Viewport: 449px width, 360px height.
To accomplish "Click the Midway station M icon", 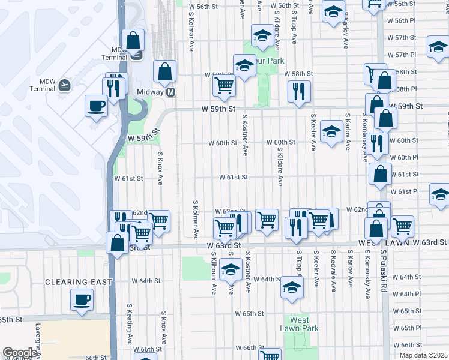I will [x=171, y=92].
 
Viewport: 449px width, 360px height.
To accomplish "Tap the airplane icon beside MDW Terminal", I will [x=64, y=85].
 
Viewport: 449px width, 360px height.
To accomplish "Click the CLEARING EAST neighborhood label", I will [x=79, y=281].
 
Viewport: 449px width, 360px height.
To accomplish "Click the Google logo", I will [x=20, y=353].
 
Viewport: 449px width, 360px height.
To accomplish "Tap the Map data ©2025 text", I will [x=423, y=355].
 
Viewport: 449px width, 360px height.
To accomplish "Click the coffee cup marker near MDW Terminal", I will [x=96, y=106].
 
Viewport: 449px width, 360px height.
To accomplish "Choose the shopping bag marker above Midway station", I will [x=164, y=71].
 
